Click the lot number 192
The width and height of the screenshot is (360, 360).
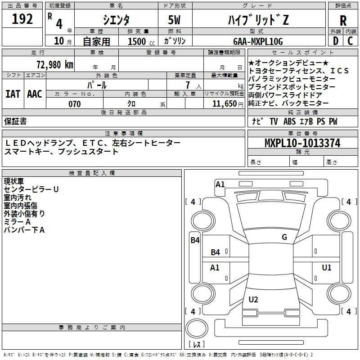point(22,18)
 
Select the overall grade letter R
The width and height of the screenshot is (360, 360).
point(343,21)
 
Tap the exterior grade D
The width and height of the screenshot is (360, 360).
point(336,41)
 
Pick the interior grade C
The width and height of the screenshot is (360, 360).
point(350,41)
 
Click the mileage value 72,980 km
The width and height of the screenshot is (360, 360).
point(55,64)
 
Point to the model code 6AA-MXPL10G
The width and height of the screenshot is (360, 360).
point(258,41)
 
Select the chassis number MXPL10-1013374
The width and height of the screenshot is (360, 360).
point(302,143)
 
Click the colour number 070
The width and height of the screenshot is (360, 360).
point(75,104)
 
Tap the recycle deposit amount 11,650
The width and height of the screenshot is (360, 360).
point(224,104)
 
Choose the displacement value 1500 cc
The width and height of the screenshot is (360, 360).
point(141,41)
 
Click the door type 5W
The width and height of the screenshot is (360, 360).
point(174,20)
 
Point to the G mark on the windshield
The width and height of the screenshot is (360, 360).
point(284,237)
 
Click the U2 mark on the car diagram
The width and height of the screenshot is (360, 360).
point(253,299)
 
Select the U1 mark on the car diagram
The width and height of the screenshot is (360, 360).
point(327,267)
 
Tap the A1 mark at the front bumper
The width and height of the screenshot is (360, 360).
point(220,184)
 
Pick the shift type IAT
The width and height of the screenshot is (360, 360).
point(13,94)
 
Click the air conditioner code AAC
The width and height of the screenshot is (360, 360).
point(35,94)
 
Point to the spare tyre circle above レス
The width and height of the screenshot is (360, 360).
point(197,328)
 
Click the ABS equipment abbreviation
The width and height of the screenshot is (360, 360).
point(289,121)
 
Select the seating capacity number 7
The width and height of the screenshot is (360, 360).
point(188,85)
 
